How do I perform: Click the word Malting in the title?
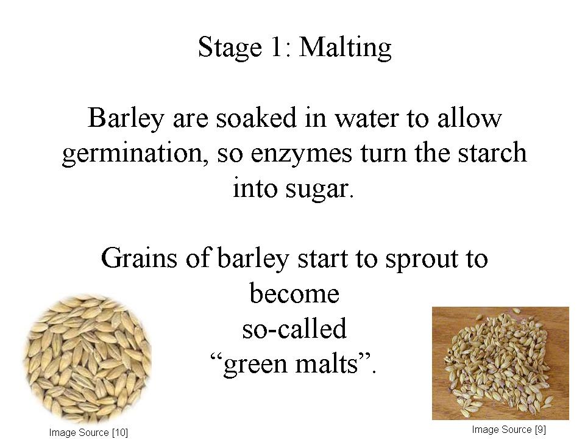point(345,48)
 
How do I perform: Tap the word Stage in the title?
point(230,48)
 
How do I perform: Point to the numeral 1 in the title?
point(277,46)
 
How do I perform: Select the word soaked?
point(257,118)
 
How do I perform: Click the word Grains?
point(139,258)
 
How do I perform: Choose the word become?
point(294,293)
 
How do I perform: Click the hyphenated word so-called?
point(294,328)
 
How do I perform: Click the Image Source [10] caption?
point(88,433)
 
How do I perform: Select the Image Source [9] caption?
point(509,430)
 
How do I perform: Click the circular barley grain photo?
point(88,359)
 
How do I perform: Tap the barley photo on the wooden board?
point(500,363)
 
